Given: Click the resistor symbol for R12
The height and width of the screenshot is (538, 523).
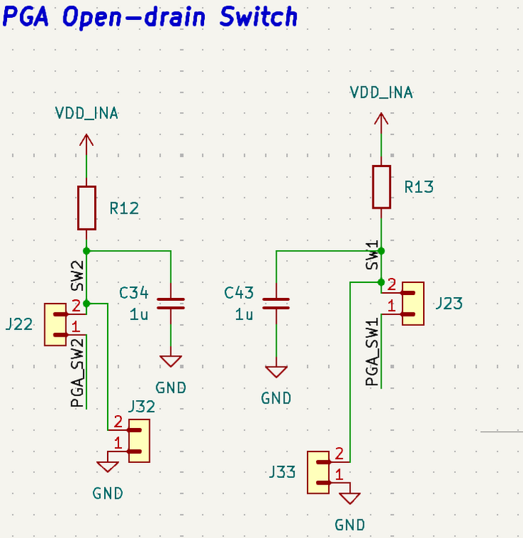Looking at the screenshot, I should click(86, 208).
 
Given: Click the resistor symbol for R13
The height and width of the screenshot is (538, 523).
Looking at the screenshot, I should click(382, 186).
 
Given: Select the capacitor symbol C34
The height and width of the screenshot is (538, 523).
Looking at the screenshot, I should click(171, 303).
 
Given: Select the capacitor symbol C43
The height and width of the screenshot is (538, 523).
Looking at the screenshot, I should click(276, 303).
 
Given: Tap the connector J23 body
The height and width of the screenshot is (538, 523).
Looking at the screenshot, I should click(412, 304).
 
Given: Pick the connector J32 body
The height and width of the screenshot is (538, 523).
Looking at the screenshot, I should click(139, 441).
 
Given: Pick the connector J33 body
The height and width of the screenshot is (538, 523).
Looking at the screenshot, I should click(318, 472).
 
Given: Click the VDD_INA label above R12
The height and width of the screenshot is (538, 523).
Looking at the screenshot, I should click(86, 113).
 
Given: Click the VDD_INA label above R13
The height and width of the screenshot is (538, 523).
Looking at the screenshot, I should click(382, 92).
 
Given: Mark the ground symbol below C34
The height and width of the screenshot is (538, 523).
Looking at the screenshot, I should click(171, 361).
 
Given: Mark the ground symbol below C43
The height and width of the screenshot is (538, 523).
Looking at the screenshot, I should click(276, 372).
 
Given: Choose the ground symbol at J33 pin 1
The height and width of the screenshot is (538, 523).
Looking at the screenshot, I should click(350, 498).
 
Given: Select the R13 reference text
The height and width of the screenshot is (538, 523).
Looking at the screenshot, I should click(419, 187).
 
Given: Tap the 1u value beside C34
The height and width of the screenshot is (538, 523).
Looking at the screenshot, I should click(138, 314).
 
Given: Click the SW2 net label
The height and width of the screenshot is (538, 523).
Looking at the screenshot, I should click(77, 275).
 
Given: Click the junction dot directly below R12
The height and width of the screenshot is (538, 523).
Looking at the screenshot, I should click(86, 251).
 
